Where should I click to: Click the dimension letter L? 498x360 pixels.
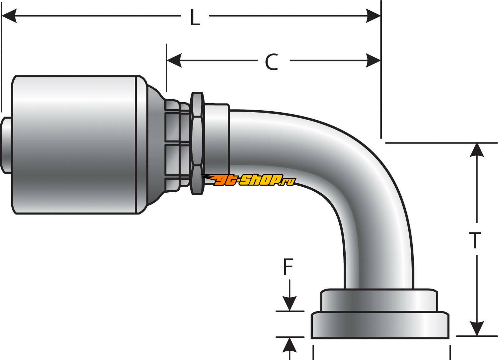195,18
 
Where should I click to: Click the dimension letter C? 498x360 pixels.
272,62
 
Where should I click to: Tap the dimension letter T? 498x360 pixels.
475,240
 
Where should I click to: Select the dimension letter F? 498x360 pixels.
288,267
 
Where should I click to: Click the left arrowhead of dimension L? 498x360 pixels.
9,16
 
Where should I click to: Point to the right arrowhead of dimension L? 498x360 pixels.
373,16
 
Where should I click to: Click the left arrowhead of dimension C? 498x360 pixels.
174,60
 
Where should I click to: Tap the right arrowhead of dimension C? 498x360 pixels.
373,60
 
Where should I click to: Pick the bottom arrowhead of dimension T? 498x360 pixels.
477,328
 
